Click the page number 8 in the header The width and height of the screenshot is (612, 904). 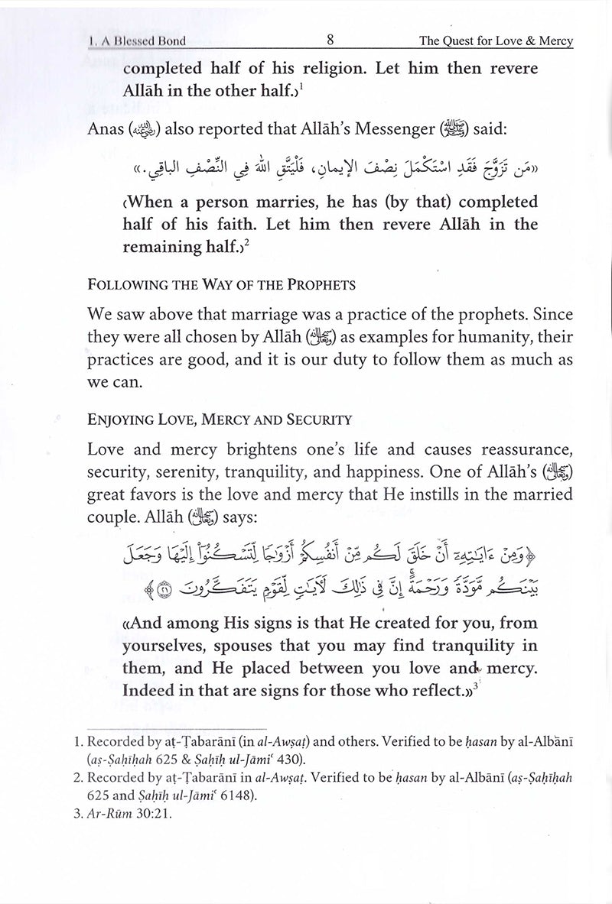pyautogui.click(x=328, y=41)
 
